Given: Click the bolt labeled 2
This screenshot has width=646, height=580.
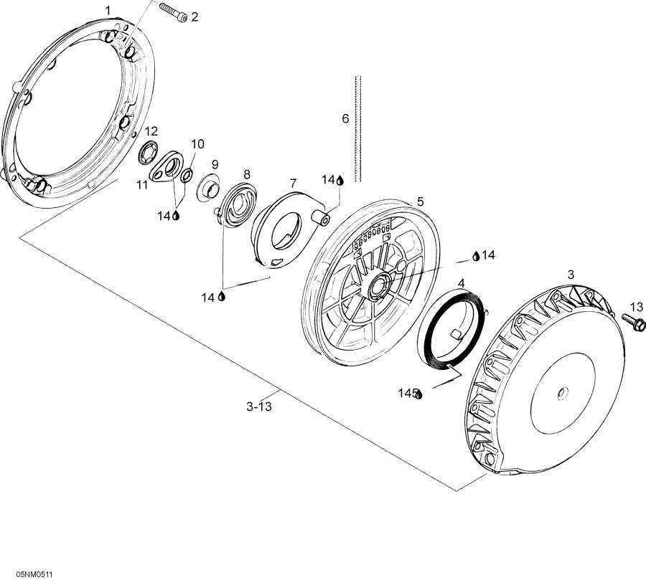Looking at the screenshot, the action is point(174,12).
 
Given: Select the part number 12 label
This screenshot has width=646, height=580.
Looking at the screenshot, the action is point(151,131).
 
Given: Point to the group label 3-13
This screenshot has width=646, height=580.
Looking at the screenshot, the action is point(259,407).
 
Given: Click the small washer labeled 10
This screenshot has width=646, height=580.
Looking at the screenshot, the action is point(186,175).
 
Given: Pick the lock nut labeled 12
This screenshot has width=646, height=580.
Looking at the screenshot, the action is point(149,152).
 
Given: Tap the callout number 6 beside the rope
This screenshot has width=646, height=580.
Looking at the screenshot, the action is point(345,118).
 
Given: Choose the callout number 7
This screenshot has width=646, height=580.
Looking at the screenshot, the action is point(293,183).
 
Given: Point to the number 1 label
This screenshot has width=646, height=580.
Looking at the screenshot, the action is point(108,10).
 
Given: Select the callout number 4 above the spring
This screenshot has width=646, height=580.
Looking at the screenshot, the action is point(462,283).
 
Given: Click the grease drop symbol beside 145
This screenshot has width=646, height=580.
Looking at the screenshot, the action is point(419,394).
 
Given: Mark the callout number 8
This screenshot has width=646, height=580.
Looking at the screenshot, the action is point(246,174).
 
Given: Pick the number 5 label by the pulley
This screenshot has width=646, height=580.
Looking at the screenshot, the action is point(420,201).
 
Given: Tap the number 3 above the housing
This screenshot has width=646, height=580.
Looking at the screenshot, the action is point(571,275).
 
